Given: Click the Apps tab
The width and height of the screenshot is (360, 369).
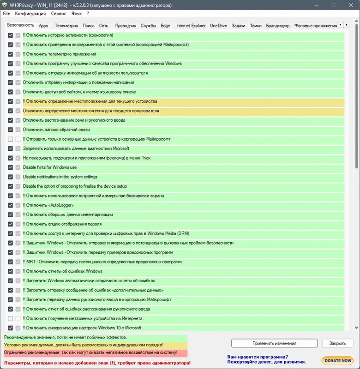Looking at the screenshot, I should coord(43,26).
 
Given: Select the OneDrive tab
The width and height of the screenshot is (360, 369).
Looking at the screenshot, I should coord(218,26).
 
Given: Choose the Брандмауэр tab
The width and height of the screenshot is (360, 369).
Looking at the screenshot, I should coord(277,26).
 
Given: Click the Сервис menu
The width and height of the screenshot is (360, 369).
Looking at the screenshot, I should coord(59,14).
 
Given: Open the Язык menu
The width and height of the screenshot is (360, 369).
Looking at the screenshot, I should coord(77,14).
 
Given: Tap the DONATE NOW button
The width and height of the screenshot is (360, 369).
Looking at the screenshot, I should coord(338,360).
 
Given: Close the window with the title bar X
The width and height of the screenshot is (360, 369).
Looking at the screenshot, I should coord(349,5).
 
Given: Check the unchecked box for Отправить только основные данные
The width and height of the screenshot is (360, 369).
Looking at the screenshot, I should coord(11,139).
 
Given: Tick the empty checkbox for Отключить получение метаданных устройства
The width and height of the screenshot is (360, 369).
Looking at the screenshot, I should coord(11,319).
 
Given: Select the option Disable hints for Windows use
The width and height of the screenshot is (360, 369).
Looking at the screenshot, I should coord(50,167).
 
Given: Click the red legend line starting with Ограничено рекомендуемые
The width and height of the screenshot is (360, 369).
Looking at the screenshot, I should coord(90,353).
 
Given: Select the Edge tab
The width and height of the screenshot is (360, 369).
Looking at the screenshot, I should coord(165,26).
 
